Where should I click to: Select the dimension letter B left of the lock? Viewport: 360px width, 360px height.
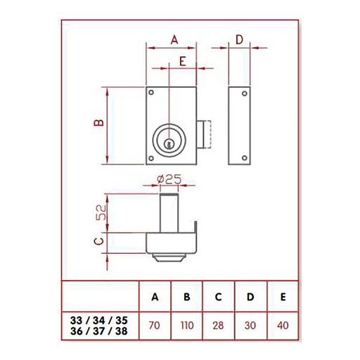[98, 124]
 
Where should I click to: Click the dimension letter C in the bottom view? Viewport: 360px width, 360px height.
[98, 243]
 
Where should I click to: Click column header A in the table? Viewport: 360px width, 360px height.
[155, 297]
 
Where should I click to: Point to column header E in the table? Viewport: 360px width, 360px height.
[282, 297]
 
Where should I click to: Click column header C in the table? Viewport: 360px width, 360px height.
[219, 297]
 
